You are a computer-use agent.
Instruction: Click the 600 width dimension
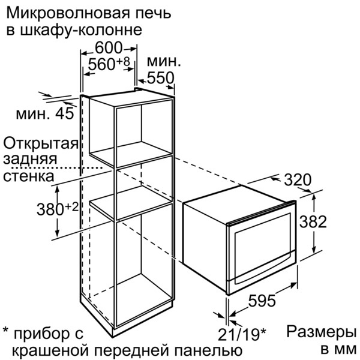coord(108,48)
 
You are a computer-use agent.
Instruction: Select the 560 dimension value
coord(101,64)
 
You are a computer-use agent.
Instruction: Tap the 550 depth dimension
coord(160,78)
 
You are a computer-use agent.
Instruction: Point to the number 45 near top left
coord(65,113)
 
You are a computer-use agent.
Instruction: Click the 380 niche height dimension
coord(50,209)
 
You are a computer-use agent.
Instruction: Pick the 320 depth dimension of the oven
coord(298,180)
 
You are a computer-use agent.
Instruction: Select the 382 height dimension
coord(313,222)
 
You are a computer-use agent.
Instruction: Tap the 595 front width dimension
coord(262,301)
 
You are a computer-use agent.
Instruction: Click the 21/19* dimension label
coord(242,334)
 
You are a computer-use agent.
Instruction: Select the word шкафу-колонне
coord(81,31)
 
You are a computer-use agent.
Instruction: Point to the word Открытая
coord(41,144)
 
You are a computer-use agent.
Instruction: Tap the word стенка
coord(29,176)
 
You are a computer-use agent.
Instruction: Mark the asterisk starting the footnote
coord(5,331)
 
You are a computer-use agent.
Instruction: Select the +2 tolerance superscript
coord(72,207)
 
